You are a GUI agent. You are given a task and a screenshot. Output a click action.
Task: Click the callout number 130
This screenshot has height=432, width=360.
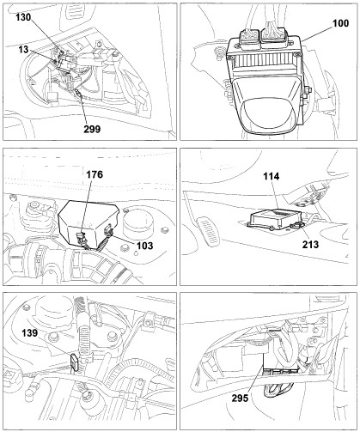pyautogui.click(x=23, y=17)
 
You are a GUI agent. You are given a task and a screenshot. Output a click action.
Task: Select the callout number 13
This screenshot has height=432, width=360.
pyautogui.click(x=24, y=50)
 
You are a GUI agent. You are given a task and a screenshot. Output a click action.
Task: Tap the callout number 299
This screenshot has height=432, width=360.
pyautogui.click(x=92, y=129)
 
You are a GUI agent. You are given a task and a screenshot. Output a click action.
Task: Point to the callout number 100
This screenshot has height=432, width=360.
pyautogui.click(x=340, y=23)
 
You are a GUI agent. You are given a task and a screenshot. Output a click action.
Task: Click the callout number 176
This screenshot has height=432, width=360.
pyautogui.click(x=95, y=174)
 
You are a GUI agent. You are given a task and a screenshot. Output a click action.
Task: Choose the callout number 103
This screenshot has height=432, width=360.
pyautogui.click(x=145, y=246)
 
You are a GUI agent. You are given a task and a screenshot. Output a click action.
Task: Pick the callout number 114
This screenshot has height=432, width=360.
pyautogui.click(x=272, y=176)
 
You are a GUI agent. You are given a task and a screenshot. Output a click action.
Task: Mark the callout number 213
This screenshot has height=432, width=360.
pyautogui.click(x=310, y=244)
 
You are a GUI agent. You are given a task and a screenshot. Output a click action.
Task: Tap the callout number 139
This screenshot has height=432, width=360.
pyautogui.click(x=30, y=333)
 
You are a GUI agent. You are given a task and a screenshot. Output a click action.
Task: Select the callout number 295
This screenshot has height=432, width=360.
pyautogui.click(x=240, y=398)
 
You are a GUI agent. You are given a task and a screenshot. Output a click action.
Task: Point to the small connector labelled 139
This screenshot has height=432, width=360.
pyautogui.click(x=74, y=362)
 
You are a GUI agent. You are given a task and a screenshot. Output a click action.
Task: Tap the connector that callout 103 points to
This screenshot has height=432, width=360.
pyautogui.click(x=108, y=230)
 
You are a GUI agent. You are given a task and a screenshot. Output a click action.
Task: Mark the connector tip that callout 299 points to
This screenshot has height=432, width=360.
pyautogui.click(x=79, y=92)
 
